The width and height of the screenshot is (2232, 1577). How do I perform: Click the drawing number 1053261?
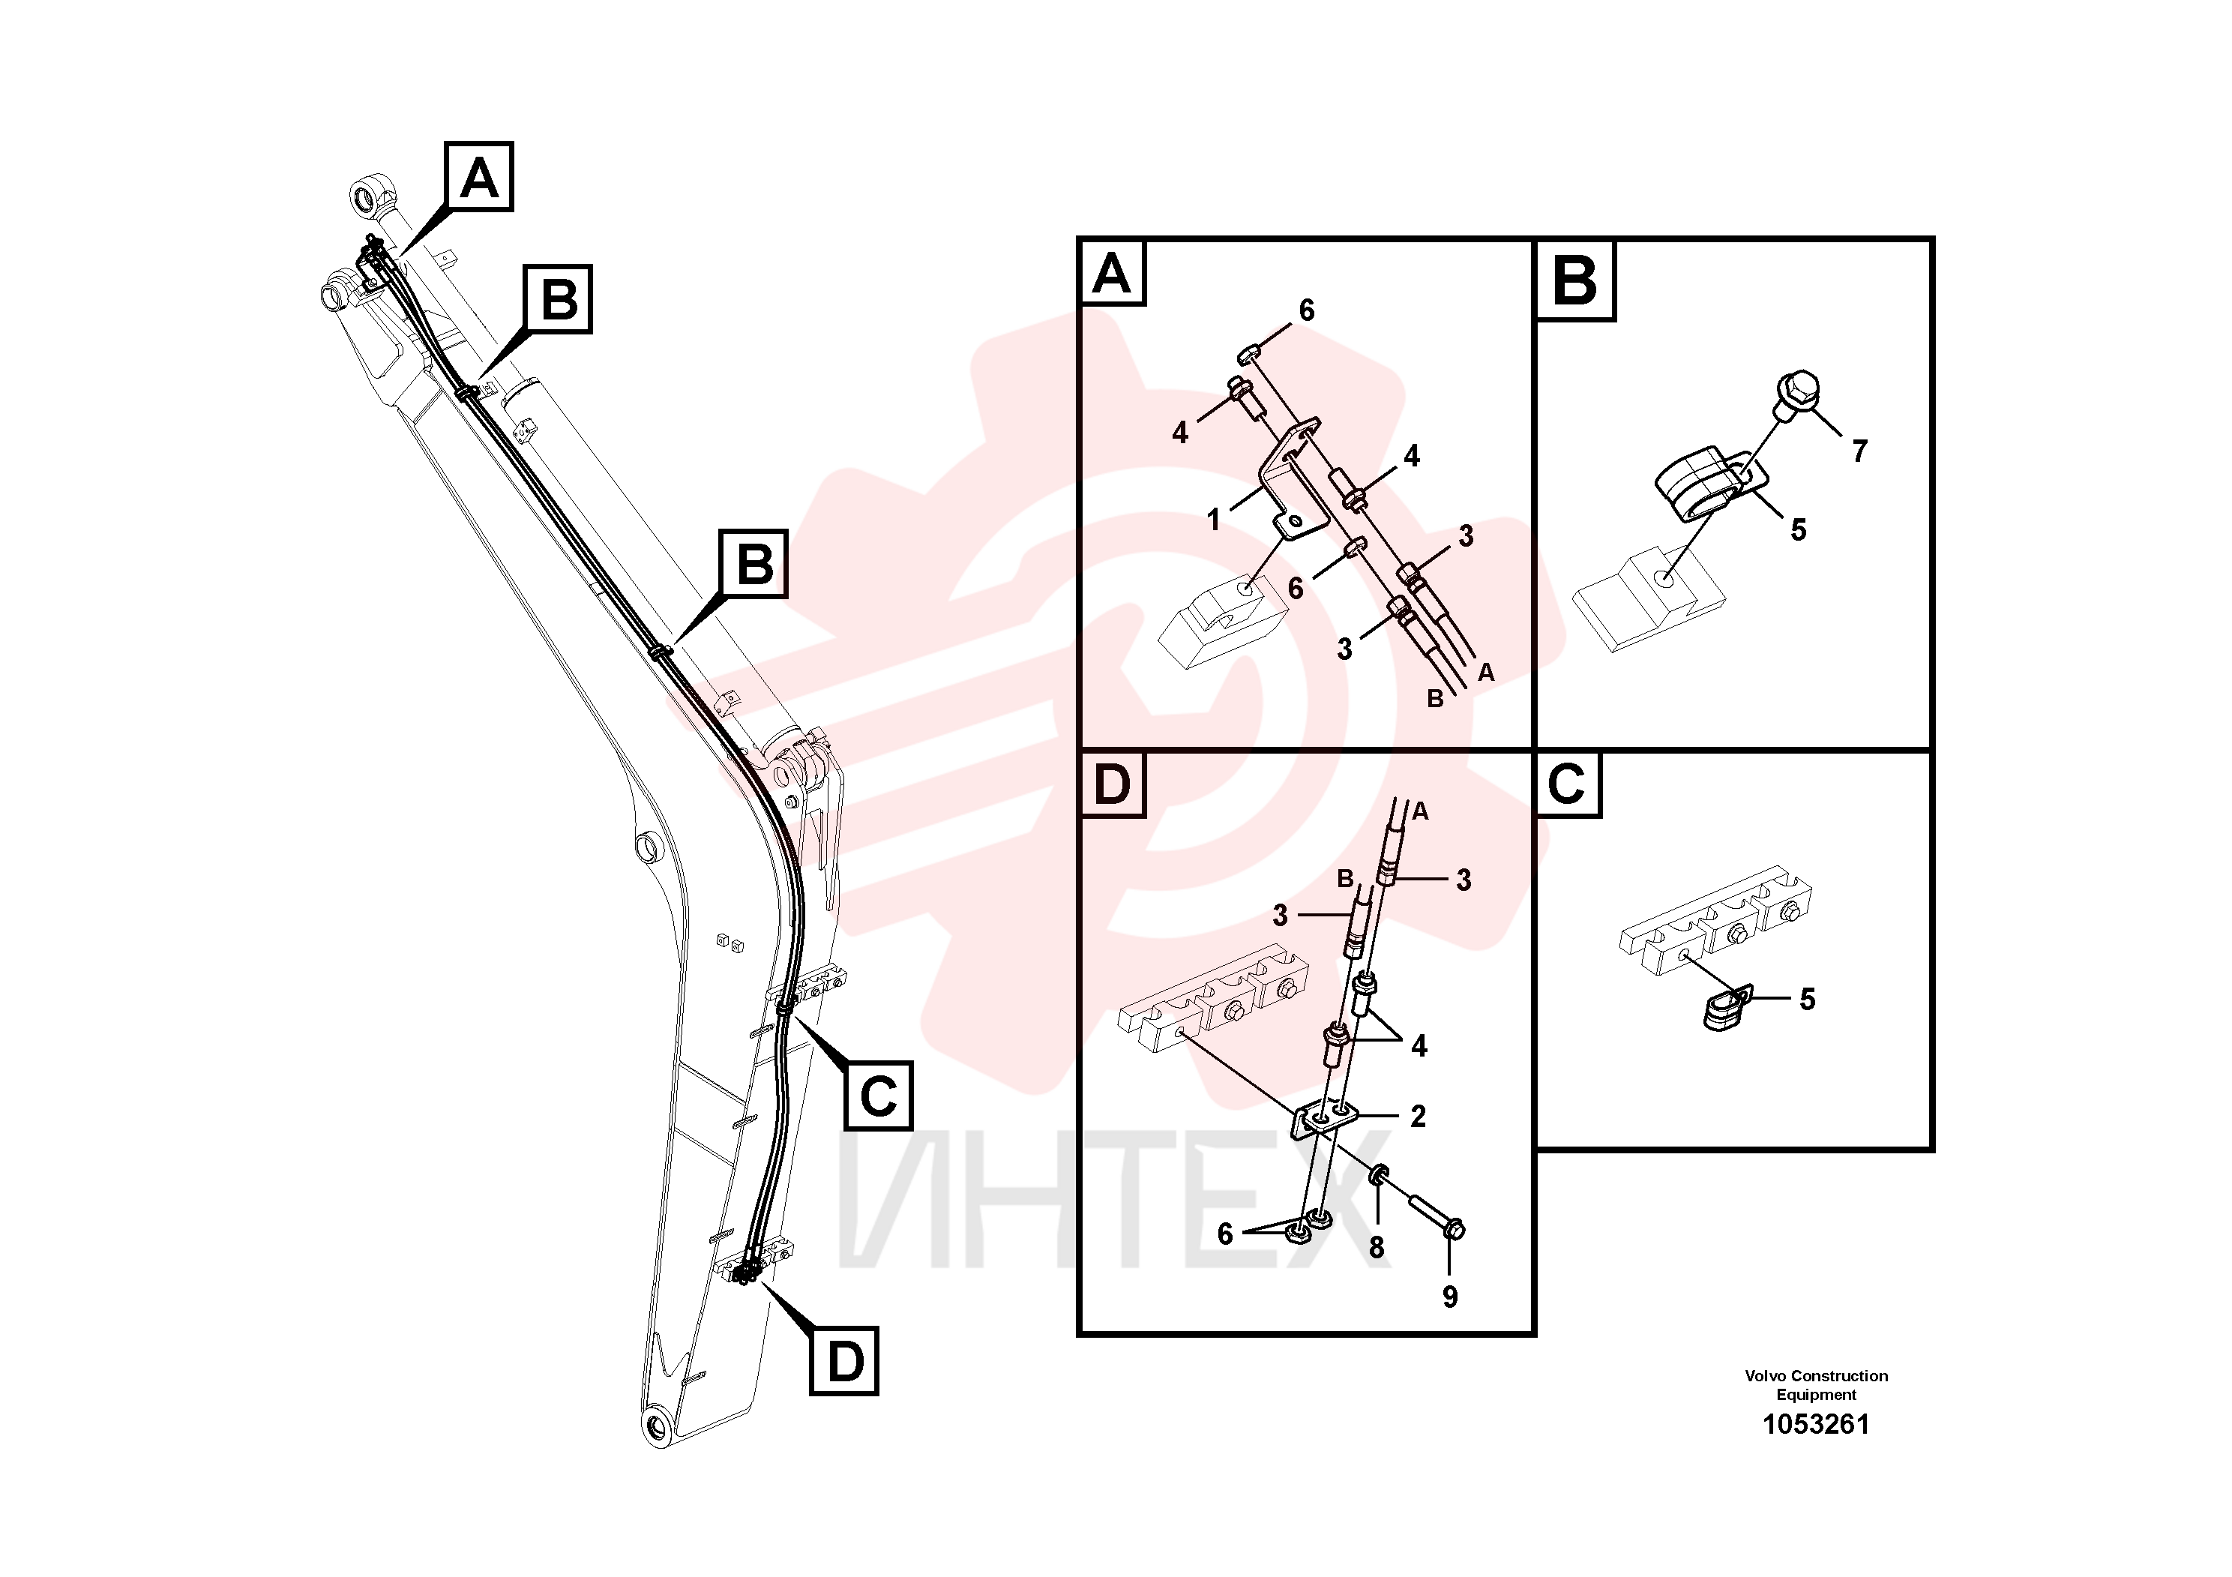(x=1816, y=1424)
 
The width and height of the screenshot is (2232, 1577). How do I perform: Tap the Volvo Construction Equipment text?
(x=1816, y=1384)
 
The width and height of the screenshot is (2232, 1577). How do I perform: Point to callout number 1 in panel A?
(x=1212, y=520)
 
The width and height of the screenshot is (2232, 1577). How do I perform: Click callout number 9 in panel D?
(x=1449, y=1296)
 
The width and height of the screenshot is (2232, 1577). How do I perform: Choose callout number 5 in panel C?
(x=1807, y=999)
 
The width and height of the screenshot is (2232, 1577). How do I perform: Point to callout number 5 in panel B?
(x=1799, y=530)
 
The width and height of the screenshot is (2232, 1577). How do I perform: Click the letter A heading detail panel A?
(x=1112, y=273)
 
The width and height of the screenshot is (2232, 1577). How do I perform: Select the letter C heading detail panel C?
(x=1567, y=784)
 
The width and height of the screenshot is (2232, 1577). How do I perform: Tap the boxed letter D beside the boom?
(x=845, y=1361)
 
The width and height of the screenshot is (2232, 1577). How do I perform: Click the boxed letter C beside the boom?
(x=878, y=1097)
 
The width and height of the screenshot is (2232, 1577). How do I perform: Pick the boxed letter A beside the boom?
(x=479, y=178)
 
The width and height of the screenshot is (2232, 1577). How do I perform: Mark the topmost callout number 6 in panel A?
(x=1307, y=310)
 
